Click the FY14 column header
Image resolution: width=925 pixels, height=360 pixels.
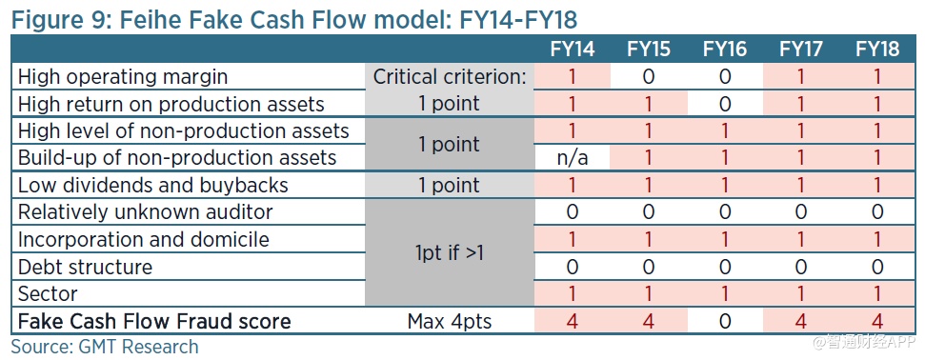point(573,49)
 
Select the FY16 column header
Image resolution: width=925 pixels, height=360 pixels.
point(725,49)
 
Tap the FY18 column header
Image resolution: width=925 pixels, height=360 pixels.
point(877,49)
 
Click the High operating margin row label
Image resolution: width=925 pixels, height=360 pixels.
point(123,77)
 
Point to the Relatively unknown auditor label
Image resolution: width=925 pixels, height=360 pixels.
point(145,211)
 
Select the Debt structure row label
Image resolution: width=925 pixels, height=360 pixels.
point(85,267)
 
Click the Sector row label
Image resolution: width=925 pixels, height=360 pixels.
point(48,293)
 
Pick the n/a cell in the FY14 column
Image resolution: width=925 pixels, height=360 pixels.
point(573,158)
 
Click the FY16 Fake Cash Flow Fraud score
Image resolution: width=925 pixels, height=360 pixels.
point(725,321)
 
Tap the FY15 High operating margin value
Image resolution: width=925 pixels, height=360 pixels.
point(649,77)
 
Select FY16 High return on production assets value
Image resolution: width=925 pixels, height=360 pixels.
point(725,104)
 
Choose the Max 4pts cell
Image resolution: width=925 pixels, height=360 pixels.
point(450,322)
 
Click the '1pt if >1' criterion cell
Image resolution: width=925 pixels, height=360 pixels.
point(450,253)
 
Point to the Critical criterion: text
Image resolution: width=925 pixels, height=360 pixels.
point(450,77)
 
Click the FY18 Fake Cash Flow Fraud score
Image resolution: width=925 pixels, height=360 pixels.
point(877,321)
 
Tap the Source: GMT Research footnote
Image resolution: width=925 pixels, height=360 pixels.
point(105,347)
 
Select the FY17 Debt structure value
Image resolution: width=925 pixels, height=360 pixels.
point(800,267)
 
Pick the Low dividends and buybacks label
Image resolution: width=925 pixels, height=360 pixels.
point(153,186)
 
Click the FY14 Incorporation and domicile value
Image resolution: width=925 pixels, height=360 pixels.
point(573,240)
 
